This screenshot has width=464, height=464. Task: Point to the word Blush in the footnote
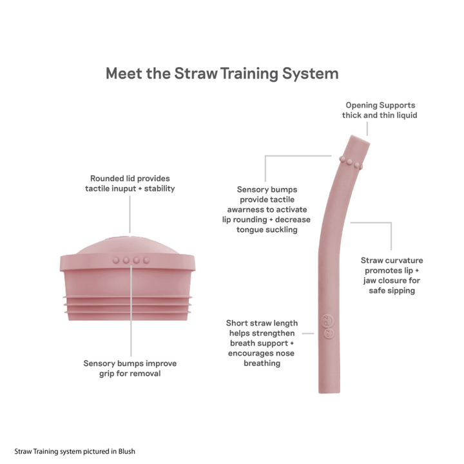pos(126,452)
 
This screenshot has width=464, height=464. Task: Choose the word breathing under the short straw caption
pos(262,363)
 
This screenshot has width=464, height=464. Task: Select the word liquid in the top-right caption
pos(403,115)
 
